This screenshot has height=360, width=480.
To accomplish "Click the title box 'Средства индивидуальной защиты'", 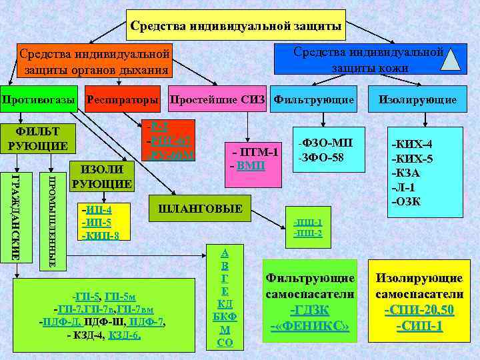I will tap(236, 26).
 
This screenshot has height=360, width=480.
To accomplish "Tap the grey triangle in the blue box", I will tap(453, 59).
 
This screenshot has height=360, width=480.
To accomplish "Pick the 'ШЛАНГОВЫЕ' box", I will tap(199, 209).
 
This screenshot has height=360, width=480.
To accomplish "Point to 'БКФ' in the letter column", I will tap(225, 316).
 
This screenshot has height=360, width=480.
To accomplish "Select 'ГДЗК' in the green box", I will tap(309, 310).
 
